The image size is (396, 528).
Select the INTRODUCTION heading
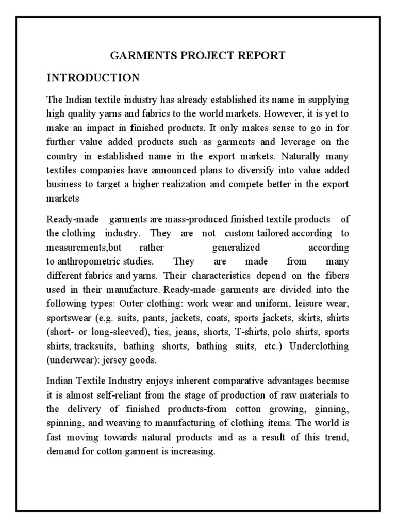[x=93, y=78]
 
